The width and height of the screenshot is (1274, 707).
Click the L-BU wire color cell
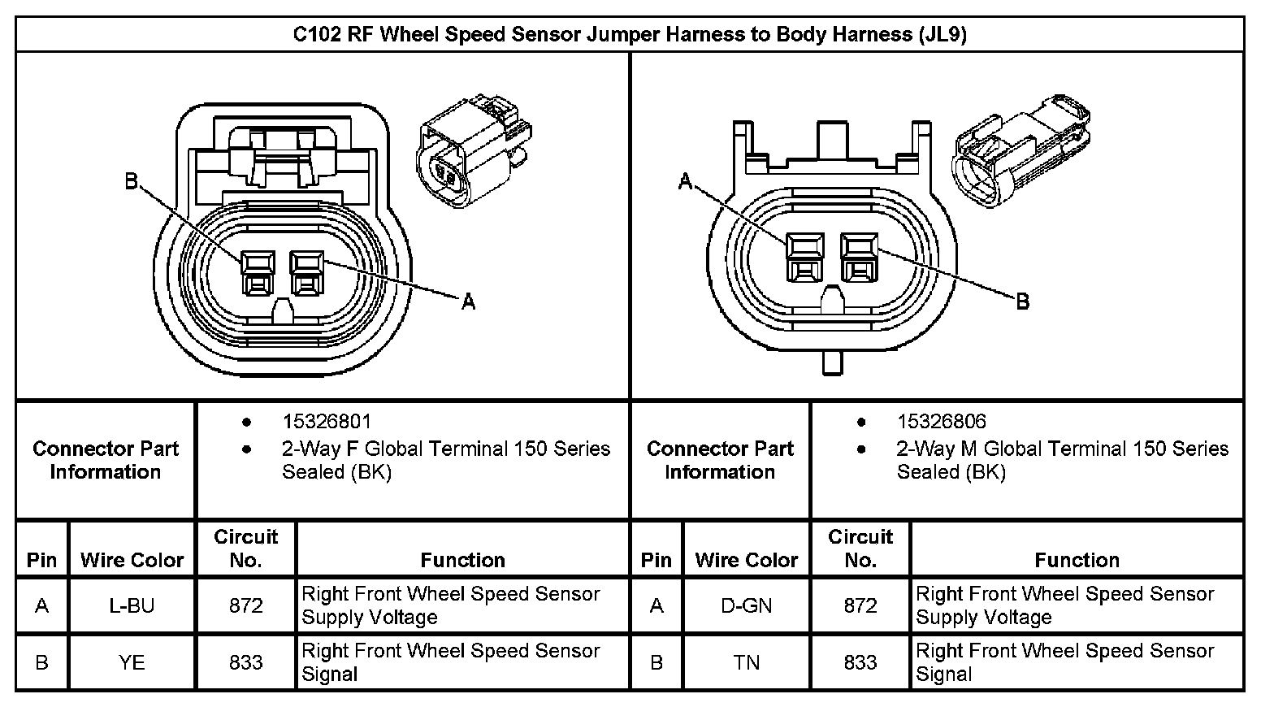(x=132, y=605)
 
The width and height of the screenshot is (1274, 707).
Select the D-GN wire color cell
(x=746, y=605)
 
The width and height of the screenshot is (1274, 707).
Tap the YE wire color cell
(x=132, y=662)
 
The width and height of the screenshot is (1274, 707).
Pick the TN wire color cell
(x=746, y=662)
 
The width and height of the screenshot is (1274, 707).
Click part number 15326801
(x=327, y=421)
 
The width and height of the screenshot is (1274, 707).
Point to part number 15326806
(x=941, y=421)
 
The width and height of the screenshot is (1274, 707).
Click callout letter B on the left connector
(x=132, y=181)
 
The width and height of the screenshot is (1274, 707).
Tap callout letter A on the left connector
(x=468, y=302)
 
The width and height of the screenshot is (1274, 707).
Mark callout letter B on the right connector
(x=1023, y=301)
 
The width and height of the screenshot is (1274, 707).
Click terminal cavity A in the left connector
(x=307, y=272)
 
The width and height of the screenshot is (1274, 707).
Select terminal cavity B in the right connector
(x=860, y=257)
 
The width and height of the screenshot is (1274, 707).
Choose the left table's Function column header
(x=462, y=560)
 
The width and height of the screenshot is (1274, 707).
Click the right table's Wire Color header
(x=746, y=560)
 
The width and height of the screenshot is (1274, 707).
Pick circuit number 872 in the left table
(x=245, y=605)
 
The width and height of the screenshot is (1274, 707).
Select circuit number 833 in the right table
(x=860, y=662)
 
